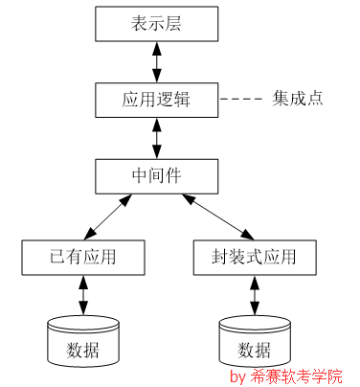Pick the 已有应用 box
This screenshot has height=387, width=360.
point(82,257)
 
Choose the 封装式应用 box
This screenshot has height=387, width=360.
point(253,257)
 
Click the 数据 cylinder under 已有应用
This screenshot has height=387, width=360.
point(82,340)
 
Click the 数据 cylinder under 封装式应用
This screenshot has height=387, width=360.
point(254,342)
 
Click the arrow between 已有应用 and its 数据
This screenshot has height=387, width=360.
point(82,294)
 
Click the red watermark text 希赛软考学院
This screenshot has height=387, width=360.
point(298,376)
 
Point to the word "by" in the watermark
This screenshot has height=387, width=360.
point(239,376)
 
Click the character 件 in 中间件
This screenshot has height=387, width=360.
point(176,175)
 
